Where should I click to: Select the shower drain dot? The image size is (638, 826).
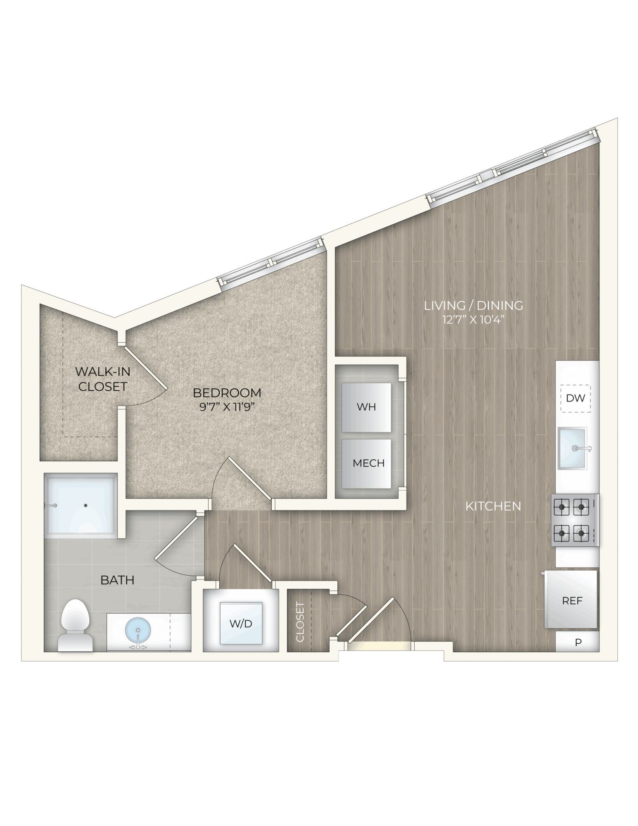pos(86,505)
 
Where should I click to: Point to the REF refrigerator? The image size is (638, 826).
pos(572,600)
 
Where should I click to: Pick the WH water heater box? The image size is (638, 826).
pos(366,407)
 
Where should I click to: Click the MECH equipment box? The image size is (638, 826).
pos(366,463)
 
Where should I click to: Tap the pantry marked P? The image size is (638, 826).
pos(577,642)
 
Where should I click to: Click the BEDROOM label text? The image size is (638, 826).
pos(227,393)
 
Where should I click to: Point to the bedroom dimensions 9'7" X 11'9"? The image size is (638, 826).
pos(227,408)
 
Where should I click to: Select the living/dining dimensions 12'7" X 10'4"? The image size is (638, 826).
pos(474,320)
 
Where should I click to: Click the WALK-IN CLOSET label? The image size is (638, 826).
pos(102,379)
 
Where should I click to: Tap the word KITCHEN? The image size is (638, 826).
pos(493,506)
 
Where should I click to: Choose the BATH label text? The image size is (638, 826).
pos(118,580)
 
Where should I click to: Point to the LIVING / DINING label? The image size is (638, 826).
pos(474,306)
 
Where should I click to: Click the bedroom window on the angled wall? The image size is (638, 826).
pos(270,262)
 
